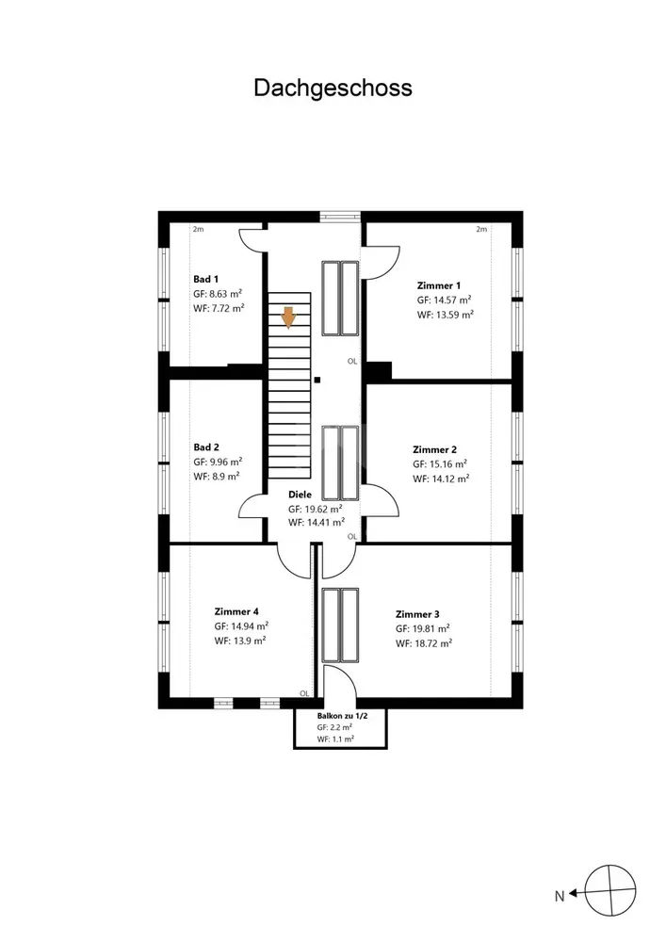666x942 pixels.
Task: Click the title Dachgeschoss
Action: (x=333, y=88)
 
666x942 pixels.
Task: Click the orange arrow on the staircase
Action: (x=289, y=317)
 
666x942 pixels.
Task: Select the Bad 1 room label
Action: (x=206, y=279)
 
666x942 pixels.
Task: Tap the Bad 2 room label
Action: (x=206, y=447)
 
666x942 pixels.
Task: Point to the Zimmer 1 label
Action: (x=439, y=284)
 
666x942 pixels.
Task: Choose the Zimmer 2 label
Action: (x=434, y=448)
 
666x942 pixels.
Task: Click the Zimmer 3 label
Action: (x=417, y=612)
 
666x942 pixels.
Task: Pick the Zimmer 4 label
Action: (x=236, y=609)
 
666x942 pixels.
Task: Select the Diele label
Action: (x=300, y=494)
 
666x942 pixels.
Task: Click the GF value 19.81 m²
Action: (x=423, y=628)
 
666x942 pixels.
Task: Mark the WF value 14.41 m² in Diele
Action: (x=316, y=522)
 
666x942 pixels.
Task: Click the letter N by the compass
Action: (x=559, y=897)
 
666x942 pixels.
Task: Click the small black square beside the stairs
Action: (x=317, y=381)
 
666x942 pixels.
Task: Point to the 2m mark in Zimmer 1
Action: (x=480, y=229)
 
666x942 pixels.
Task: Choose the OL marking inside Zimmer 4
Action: (x=304, y=693)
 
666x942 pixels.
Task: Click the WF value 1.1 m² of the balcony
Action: (x=335, y=739)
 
